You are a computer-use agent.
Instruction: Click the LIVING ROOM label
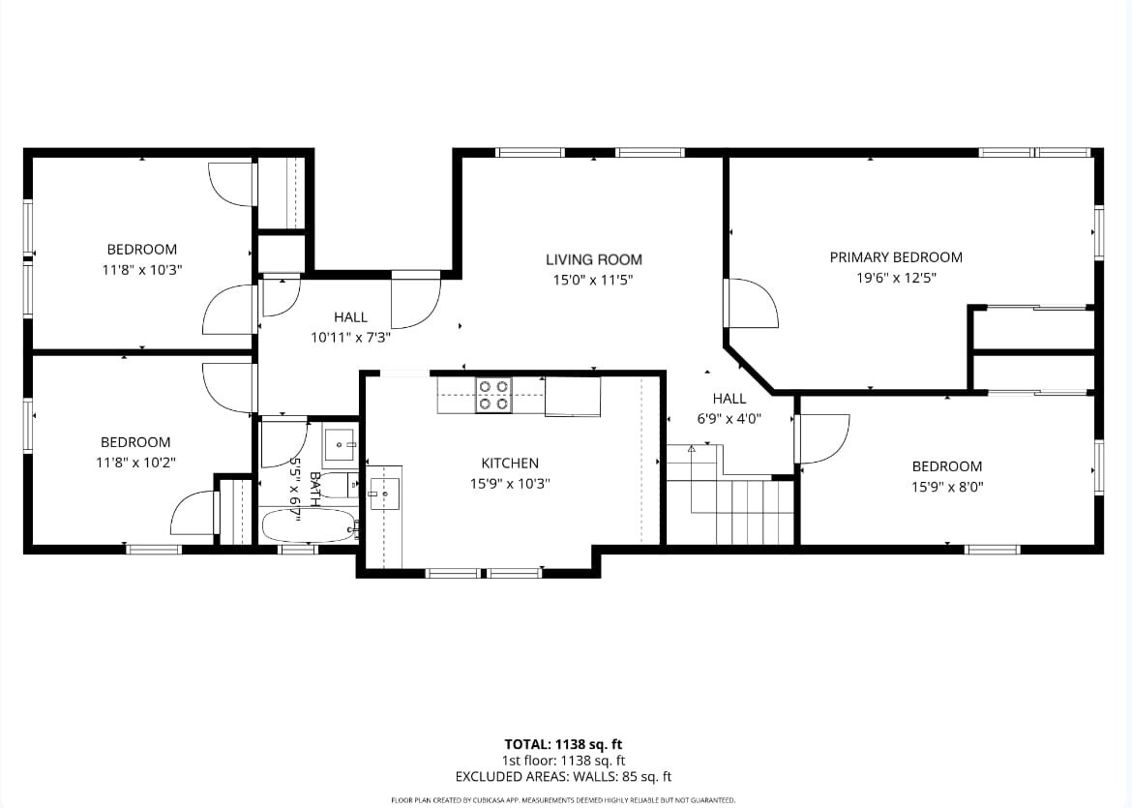(x=593, y=259)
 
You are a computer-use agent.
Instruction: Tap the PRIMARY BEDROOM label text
(x=896, y=257)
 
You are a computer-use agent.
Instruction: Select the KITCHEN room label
(x=510, y=463)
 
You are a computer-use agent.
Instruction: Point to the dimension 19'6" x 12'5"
(x=896, y=278)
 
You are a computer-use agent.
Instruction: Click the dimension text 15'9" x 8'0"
(x=947, y=487)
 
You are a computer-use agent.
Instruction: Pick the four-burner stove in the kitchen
(x=493, y=396)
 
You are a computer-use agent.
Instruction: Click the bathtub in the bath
(x=309, y=525)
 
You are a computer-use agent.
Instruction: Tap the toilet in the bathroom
(x=340, y=485)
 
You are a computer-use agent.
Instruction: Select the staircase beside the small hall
(x=730, y=494)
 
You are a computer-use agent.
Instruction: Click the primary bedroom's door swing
(x=754, y=303)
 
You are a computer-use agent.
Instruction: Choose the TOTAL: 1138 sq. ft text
(x=563, y=744)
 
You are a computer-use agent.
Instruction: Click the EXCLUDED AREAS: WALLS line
(x=563, y=777)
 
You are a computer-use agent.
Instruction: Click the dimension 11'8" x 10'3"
(x=141, y=270)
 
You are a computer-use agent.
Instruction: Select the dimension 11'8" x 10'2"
(x=135, y=463)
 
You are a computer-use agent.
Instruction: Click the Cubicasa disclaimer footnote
(x=563, y=800)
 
